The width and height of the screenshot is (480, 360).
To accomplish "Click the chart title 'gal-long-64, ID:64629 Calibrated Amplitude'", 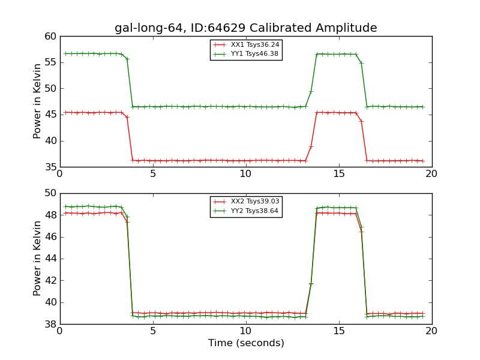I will pos(246,28).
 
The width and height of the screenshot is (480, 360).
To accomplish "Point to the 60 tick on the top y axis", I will pos(50,37).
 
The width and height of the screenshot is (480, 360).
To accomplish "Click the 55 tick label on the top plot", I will pos(50,62).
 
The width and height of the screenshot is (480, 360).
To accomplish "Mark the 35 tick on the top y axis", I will pos(50,167).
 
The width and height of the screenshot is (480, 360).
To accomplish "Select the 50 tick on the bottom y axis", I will pos(50,193).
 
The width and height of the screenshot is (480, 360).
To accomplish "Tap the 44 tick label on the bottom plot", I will pos(50,259).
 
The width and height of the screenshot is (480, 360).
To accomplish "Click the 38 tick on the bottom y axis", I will pos(50,324).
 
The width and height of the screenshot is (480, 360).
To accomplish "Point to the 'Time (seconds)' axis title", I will pos(246,343).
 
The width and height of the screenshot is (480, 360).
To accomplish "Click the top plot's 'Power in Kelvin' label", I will pos(37,101).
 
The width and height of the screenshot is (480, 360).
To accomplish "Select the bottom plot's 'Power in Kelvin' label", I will pos(37,258).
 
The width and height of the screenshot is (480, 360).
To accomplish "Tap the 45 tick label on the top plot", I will pos(50,115).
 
